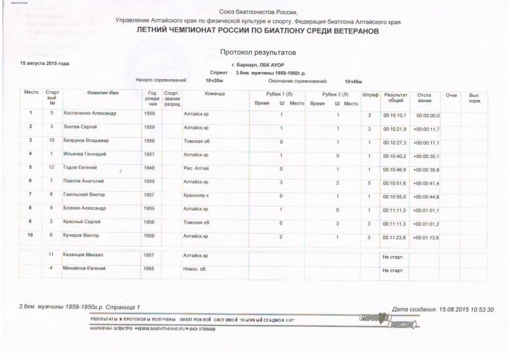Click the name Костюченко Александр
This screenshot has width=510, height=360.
point(90,115)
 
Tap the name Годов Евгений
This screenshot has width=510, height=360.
point(80,168)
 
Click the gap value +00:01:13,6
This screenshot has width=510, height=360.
point(426,236)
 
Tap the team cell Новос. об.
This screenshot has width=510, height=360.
point(196,270)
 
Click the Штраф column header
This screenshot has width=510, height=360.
point(369,94)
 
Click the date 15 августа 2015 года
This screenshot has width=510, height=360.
point(45,64)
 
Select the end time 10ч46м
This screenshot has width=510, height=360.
point(353,82)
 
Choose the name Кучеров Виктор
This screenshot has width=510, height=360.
point(82,236)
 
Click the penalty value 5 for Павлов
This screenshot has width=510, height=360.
point(370,182)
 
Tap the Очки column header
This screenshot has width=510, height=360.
point(452,94)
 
